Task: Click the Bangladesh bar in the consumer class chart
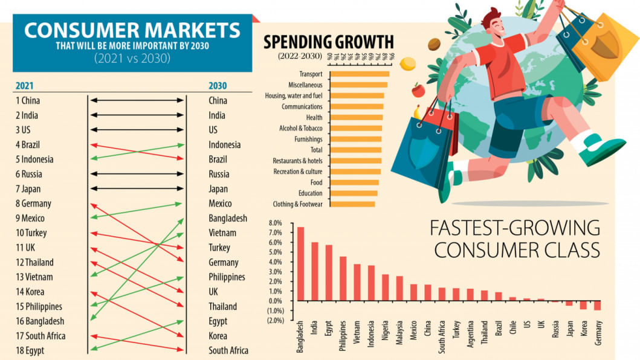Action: (x=300, y=263)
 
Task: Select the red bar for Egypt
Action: (x=329, y=272)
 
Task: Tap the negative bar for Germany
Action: (x=597, y=305)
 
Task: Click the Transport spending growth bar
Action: (x=360, y=74)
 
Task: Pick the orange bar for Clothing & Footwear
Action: (x=352, y=204)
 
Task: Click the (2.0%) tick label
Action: (x=274, y=320)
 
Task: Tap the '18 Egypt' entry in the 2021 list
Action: (x=30, y=350)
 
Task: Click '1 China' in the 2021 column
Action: (x=28, y=100)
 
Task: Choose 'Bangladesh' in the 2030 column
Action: (x=228, y=218)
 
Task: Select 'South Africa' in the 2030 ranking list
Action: (x=228, y=350)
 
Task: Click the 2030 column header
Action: (x=218, y=86)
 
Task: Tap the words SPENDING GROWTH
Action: (x=329, y=42)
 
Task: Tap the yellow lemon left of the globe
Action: (x=408, y=63)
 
